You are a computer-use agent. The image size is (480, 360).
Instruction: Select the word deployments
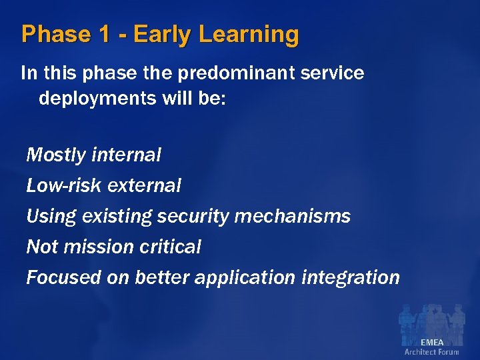point(95,99)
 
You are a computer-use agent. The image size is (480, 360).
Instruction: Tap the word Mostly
point(56,155)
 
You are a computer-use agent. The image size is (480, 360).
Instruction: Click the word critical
point(171,247)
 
